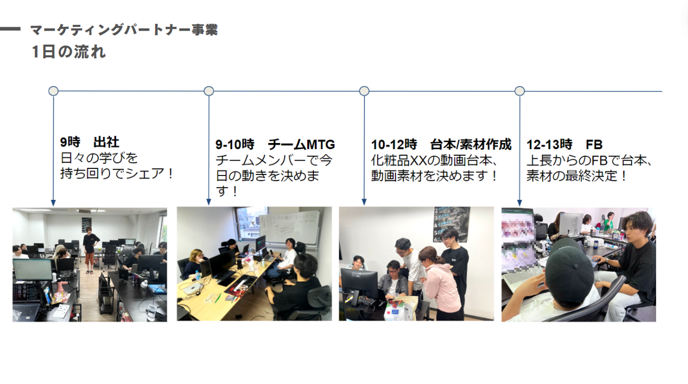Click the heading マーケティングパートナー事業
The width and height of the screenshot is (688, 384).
(124, 30)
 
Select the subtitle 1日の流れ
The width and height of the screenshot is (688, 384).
(69, 52)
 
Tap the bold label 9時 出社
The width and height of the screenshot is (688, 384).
(90, 142)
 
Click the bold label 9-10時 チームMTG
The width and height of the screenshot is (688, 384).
(275, 144)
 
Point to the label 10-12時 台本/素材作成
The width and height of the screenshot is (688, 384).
(441, 144)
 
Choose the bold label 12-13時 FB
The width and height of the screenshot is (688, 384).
(564, 144)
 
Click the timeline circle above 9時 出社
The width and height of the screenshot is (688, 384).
(54, 91)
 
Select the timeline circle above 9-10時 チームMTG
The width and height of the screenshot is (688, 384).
(209, 91)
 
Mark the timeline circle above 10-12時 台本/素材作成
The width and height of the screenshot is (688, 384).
(364, 91)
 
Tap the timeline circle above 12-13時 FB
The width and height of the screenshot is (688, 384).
(520, 91)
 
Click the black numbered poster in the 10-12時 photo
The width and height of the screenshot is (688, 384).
(451, 224)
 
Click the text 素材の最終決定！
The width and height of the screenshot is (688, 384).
(577, 176)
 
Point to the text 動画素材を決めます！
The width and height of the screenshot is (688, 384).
(434, 176)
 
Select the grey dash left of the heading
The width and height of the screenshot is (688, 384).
(11, 29)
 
